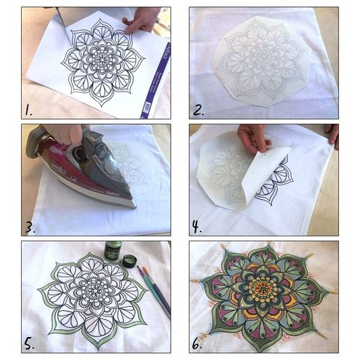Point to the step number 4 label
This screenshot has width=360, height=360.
pos(199,226)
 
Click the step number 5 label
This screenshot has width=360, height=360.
pos(29,343)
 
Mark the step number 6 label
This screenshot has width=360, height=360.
pos(199,343)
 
